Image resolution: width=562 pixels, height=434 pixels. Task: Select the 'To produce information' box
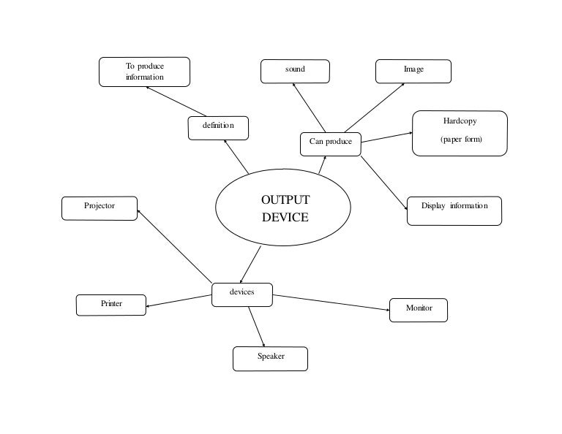click(144, 72)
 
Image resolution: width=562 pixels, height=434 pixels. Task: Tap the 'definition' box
click(218, 127)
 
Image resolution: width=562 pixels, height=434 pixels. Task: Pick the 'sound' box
click(295, 71)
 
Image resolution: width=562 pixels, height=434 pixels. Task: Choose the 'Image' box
click(413, 71)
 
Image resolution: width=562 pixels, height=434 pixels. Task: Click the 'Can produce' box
click(331, 143)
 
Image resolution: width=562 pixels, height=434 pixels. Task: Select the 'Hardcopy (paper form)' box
click(460, 133)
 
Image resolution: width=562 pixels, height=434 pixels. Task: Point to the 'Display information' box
click(454, 210)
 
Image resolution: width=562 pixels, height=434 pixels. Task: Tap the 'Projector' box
click(100, 208)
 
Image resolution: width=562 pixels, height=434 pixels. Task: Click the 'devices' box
click(242, 294)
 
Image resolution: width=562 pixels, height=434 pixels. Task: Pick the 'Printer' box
click(111, 305)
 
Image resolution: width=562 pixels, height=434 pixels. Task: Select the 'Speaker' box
click(270, 358)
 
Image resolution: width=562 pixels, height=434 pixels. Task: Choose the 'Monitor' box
click(418, 310)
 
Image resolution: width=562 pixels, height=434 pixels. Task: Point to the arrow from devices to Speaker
click(256, 326)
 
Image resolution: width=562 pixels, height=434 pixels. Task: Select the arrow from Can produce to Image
click(374, 107)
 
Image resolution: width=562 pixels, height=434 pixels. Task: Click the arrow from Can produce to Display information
click(384, 182)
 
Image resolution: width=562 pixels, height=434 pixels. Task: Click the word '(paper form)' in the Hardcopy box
click(461, 140)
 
